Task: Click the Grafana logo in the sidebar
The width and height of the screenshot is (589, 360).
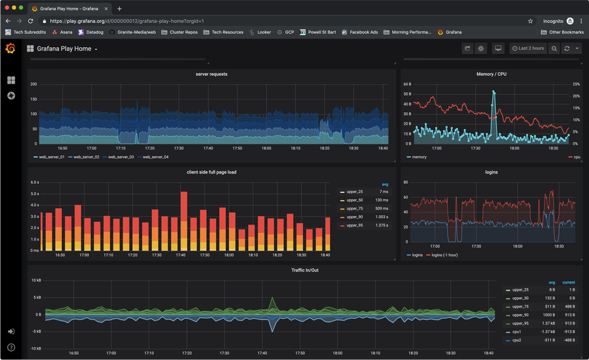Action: tap(10, 48)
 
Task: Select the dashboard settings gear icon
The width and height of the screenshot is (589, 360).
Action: tap(481, 48)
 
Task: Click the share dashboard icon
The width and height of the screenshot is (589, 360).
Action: tap(467, 48)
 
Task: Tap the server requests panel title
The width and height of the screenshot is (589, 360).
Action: tap(211, 74)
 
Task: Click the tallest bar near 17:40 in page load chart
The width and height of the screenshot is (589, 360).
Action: tap(184, 219)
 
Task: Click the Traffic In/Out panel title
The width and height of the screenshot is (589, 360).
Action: tap(305, 270)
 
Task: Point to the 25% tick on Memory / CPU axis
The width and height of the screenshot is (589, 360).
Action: tap(576, 84)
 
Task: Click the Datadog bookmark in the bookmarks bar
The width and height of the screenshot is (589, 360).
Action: tap(90, 32)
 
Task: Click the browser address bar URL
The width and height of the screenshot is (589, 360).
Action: tap(144, 21)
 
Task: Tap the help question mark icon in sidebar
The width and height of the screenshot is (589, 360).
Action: tap(11, 347)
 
